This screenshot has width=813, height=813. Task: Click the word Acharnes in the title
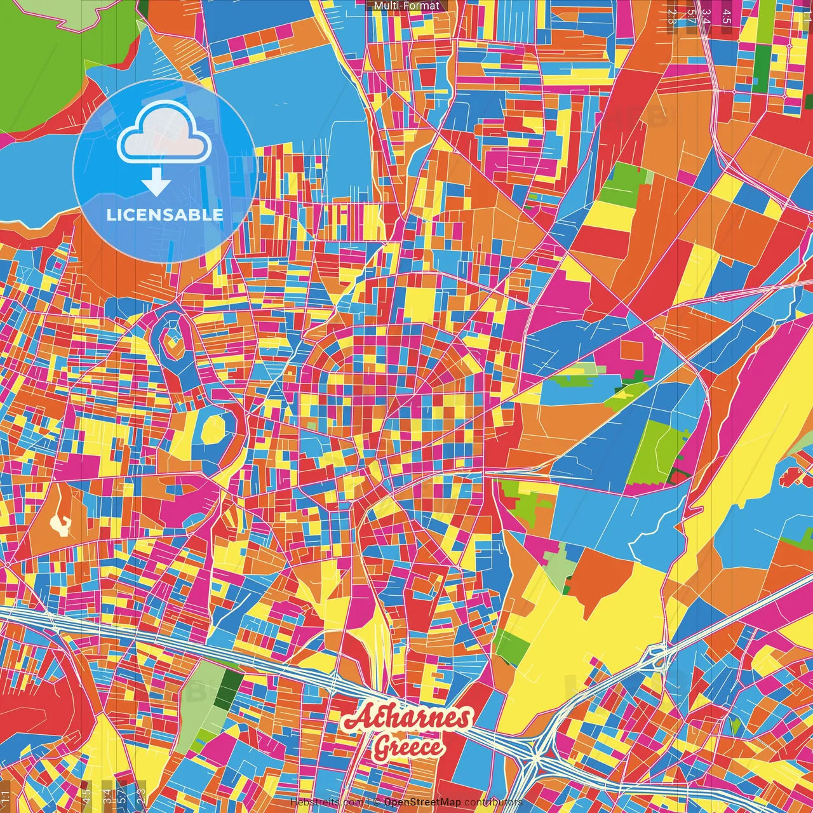(407, 718)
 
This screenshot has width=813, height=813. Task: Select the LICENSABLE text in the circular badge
(165, 215)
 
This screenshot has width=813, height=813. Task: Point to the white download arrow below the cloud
(156, 183)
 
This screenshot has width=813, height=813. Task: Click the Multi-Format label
(406, 6)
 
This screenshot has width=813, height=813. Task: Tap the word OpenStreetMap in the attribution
(422, 802)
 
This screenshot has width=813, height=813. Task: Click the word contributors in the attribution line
(493, 802)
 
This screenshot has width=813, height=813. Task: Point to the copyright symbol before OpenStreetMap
(377, 802)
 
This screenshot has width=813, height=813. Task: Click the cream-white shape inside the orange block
(60, 524)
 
